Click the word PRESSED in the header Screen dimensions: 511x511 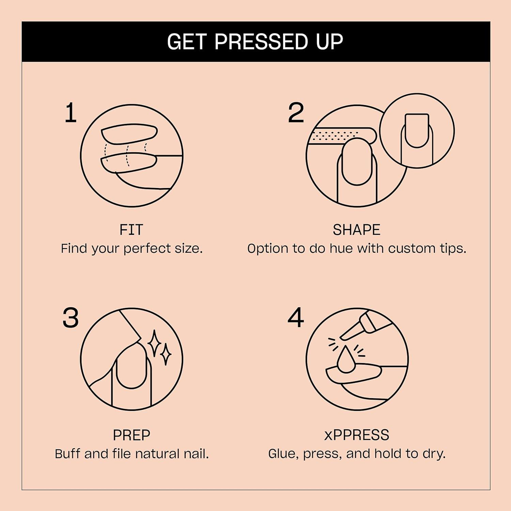[261, 42]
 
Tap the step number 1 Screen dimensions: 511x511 [71, 113]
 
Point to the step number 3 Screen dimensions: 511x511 [71, 318]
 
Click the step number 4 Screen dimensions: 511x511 [295, 318]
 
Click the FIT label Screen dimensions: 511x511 [131, 230]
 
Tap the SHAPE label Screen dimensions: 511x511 [356, 230]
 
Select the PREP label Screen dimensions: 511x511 [131, 435]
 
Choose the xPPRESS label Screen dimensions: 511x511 [356, 435]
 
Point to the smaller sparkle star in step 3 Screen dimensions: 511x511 [166, 354]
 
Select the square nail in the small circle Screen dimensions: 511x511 [417, 129]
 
